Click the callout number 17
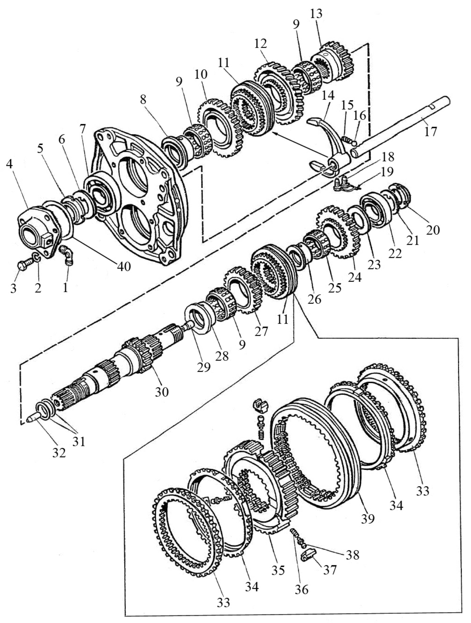coord(430,131)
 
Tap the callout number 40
coord(124,266)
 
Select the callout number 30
coord(162,391)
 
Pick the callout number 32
coord(59,453)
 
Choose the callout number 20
coord(433,230)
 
